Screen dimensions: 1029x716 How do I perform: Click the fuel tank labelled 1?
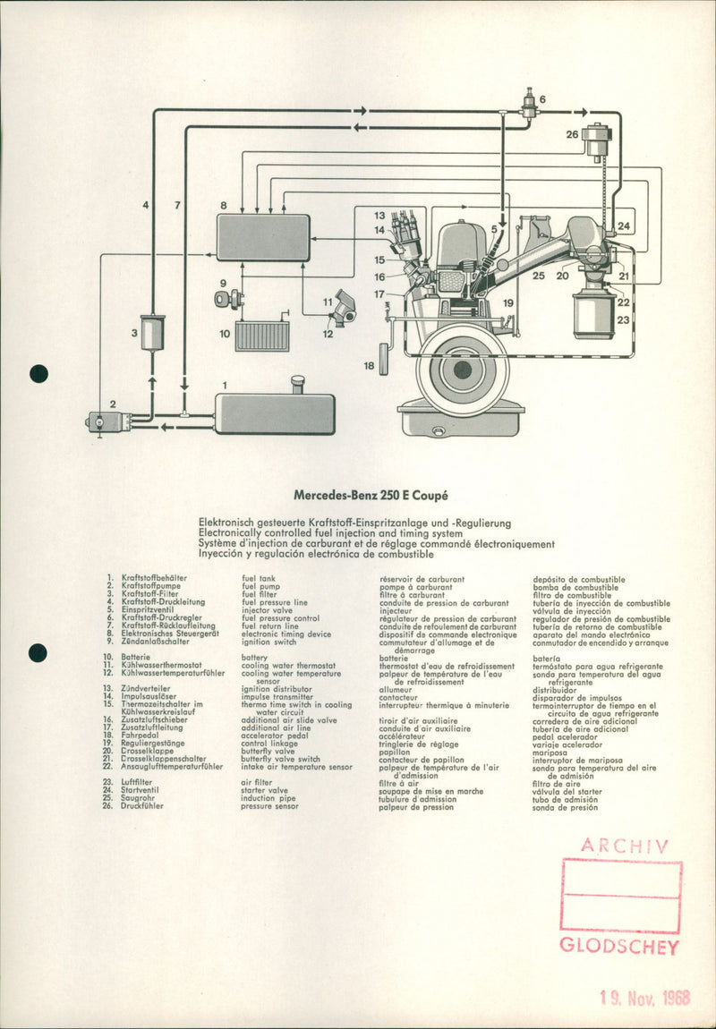click(274, 413)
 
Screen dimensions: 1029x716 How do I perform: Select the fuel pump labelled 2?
click(108, 421)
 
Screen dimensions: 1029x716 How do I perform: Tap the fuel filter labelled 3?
click(152, 333)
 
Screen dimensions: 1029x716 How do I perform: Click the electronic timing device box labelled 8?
click(263, 237)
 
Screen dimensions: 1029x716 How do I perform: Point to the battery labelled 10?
click(261, 336)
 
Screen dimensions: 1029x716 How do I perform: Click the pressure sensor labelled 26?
click(596, 141)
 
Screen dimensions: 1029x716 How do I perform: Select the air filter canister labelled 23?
click(593, 312)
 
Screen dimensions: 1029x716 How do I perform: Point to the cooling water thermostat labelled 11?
click(342, 309)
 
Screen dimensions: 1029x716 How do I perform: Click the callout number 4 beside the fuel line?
click(146, 205)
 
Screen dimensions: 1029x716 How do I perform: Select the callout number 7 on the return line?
click(177, 205)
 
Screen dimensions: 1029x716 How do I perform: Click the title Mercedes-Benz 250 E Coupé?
click(371, 494)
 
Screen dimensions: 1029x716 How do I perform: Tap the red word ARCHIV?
click(624, 845)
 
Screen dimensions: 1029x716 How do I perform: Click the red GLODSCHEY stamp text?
click(619, 947)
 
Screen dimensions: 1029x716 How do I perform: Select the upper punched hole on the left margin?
click(38, 374)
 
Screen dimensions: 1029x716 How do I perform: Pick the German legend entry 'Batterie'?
click(136, 658)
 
